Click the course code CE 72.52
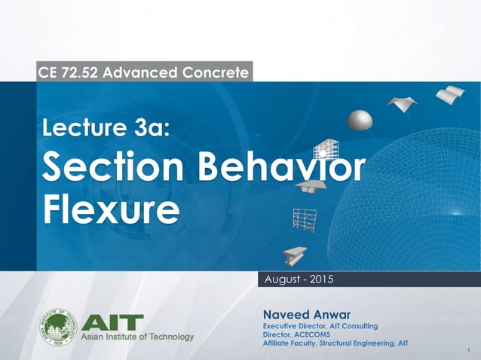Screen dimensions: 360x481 click(72, 73)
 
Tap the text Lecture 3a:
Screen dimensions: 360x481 click(106, 133)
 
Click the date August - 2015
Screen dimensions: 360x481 click(296, 280)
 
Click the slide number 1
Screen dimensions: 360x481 click(469, 352)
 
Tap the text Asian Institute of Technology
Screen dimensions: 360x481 click(137, 337)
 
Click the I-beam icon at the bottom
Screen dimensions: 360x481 click(295, 254)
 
